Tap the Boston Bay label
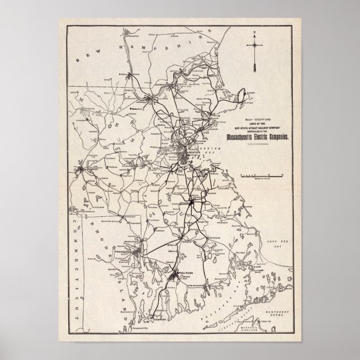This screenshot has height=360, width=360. [x=210, y=148]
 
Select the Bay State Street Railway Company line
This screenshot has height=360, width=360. [x=255, y=129]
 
